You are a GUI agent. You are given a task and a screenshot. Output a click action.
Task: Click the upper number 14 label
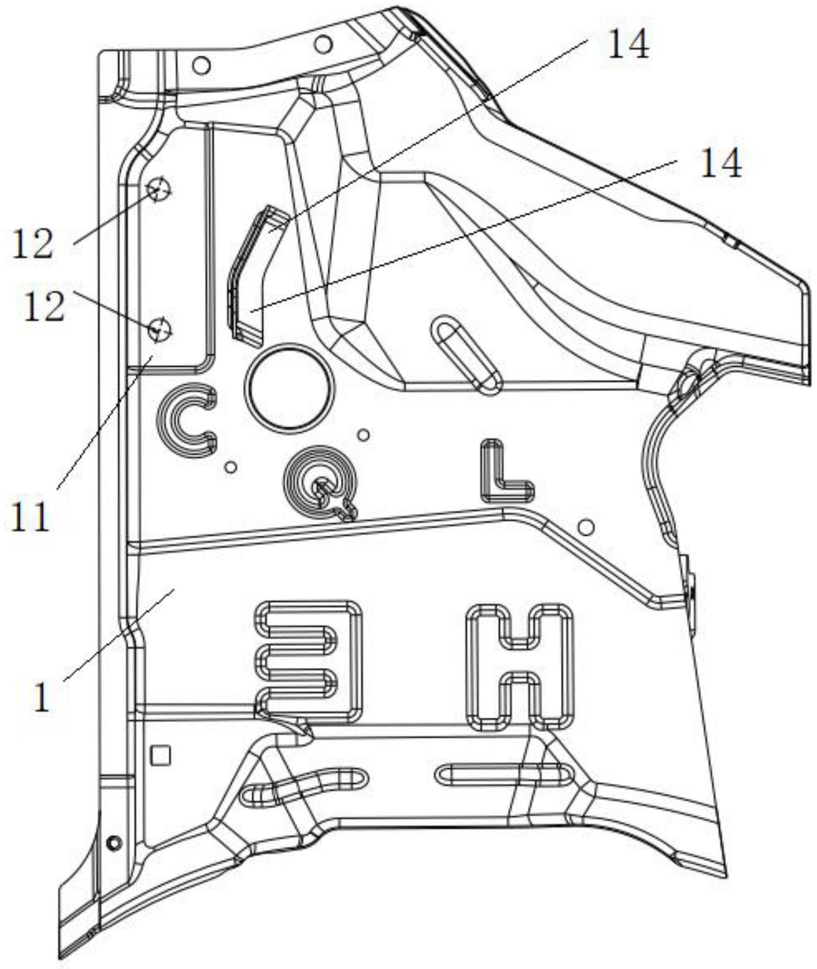628,44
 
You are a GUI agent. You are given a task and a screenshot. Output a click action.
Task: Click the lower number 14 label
721,163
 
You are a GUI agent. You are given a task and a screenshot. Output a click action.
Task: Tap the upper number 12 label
33,244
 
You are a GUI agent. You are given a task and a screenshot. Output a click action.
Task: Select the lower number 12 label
44,307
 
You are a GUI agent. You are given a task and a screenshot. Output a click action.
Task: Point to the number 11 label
30,515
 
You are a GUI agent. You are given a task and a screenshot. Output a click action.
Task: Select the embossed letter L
505,472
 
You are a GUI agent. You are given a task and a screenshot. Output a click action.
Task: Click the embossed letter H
519,666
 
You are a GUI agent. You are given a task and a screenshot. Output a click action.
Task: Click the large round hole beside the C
289,387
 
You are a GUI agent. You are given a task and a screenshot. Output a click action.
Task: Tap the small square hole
160,755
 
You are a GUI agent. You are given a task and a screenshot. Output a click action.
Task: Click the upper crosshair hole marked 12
158,188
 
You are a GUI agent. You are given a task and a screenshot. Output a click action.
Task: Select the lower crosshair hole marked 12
159,330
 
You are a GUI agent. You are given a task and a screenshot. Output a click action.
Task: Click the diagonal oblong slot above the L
466,354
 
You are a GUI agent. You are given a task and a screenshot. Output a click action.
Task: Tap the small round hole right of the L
585,527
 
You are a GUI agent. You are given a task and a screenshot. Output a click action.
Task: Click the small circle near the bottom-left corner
114,843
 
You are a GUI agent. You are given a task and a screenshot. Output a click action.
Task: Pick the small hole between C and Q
231,467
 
